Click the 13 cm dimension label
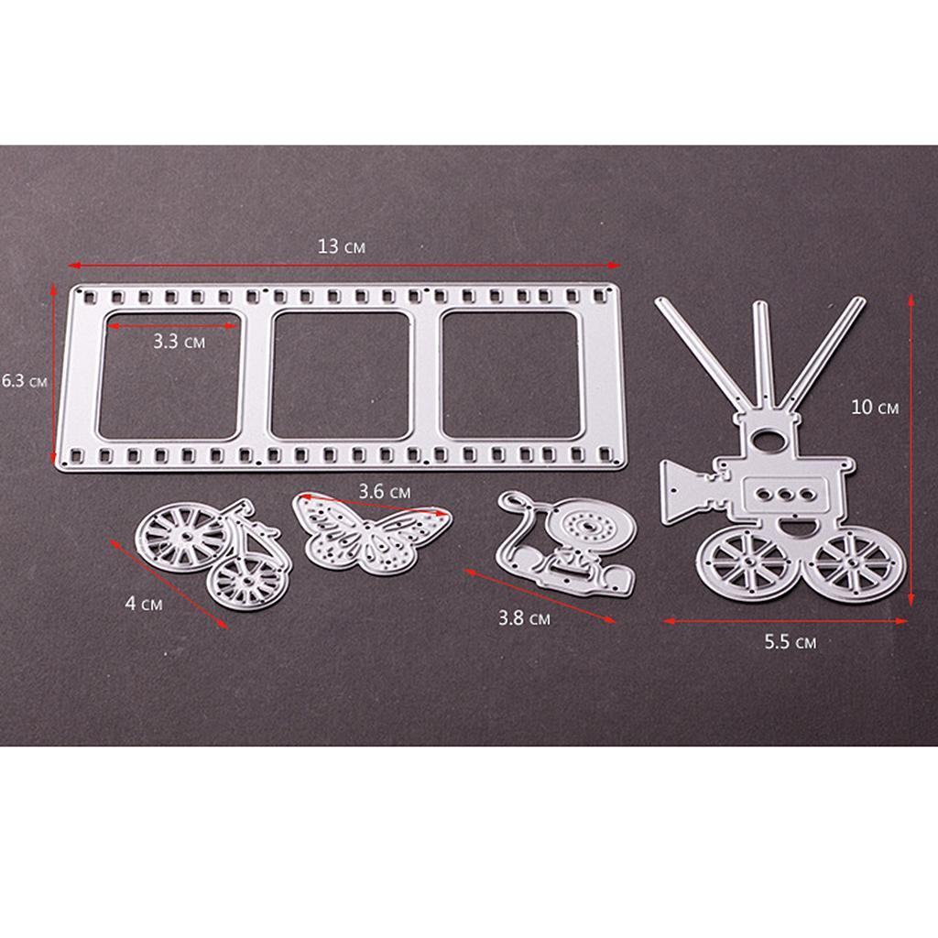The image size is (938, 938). point(341,245)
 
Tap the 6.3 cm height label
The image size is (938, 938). point(24,380)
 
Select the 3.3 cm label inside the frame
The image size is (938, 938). point(179,342)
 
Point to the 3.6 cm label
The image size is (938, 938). point(385,492)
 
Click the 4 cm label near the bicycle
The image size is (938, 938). point(144,603)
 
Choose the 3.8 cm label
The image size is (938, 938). point(524,617)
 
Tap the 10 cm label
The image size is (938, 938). point(875,408)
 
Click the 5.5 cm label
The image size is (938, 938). point(791,642)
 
